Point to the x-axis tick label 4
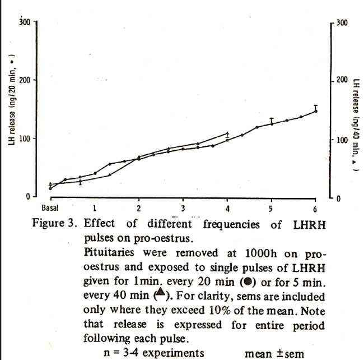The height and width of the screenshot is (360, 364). click(227, 208)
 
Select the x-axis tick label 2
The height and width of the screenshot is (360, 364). click(139, 208)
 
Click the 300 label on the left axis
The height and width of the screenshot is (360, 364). click(24, 21)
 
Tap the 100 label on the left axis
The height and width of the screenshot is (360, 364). click(24, 138)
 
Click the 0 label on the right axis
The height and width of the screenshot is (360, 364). click(338, 198)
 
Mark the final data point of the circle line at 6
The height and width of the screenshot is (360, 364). click(316, 111)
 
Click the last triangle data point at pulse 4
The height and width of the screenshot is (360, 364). click(227, 133)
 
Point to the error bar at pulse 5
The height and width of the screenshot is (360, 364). click(272, 121)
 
